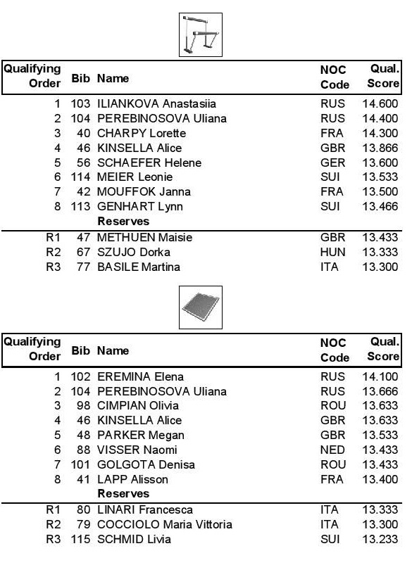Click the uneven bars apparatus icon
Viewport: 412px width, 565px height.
[201, 34]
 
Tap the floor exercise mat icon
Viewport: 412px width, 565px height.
[201, 308]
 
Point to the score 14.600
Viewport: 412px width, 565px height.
[381, 104]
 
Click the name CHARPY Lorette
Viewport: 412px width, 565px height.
[142, 133]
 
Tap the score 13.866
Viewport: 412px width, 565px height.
[381, 148]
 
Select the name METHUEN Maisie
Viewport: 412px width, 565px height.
[144, 238]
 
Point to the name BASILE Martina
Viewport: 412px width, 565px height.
[139, 267]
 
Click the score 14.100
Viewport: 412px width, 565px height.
[381, 376]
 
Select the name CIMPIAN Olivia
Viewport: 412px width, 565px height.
[138, 406]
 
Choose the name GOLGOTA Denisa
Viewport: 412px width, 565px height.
[146, 464]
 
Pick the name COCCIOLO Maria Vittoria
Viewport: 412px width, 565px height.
[165, 525]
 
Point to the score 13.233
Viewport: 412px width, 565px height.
[381, 540]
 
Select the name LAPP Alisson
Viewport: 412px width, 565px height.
[133, 479]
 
